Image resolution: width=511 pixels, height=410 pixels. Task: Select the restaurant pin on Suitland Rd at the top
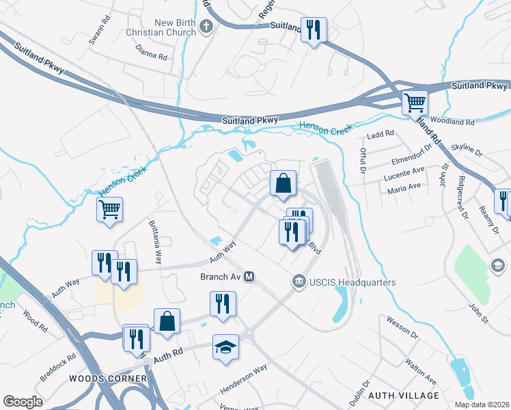(314, 30)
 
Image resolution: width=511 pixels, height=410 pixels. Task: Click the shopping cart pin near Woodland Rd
(415, 103)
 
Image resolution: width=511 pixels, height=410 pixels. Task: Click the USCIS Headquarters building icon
(298, 282)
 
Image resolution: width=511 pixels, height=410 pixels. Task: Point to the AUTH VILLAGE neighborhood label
(403, 396)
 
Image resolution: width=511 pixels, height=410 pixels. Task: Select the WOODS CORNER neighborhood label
(107, 378)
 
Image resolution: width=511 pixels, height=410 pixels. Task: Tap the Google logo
(23, 402)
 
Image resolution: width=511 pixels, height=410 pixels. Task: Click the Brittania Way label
(155, 242)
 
